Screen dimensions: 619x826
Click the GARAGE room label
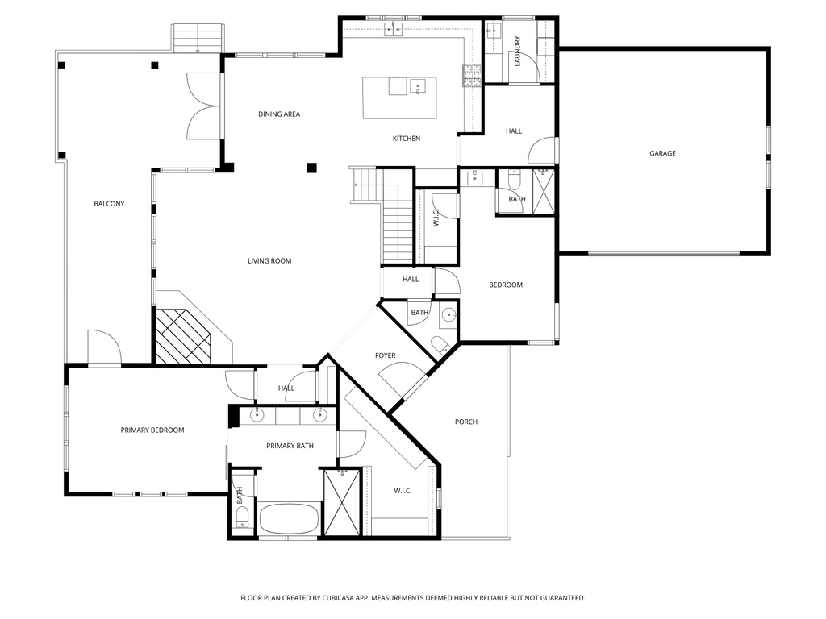662,153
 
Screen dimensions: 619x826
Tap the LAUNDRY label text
517,51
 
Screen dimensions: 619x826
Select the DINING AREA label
279,114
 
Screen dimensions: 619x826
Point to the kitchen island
399,98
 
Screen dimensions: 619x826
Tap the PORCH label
465,422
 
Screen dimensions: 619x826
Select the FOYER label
386,355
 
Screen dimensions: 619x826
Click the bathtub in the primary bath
288,517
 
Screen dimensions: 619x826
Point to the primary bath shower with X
341,501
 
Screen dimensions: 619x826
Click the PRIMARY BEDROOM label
152,430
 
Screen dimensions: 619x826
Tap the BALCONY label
109,204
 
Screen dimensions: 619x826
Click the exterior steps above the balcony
198,38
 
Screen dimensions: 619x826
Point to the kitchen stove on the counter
470,75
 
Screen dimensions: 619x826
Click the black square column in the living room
311,168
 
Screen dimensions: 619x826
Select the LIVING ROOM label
269,261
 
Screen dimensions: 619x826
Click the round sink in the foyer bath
448,315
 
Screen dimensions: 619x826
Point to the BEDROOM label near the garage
506,285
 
